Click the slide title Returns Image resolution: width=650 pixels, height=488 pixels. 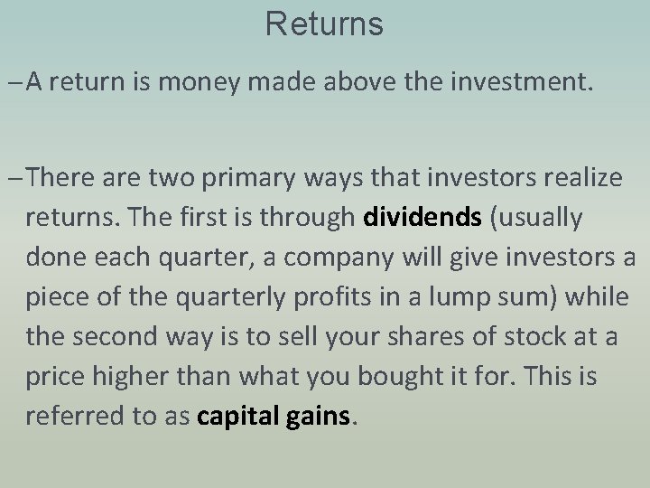click(324, 24)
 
